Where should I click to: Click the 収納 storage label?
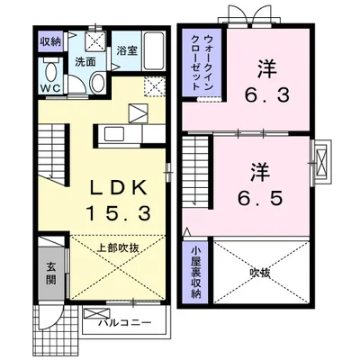tap(49, 42)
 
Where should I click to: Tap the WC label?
tap(49, 88)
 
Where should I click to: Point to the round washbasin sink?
tap(96, 82)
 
